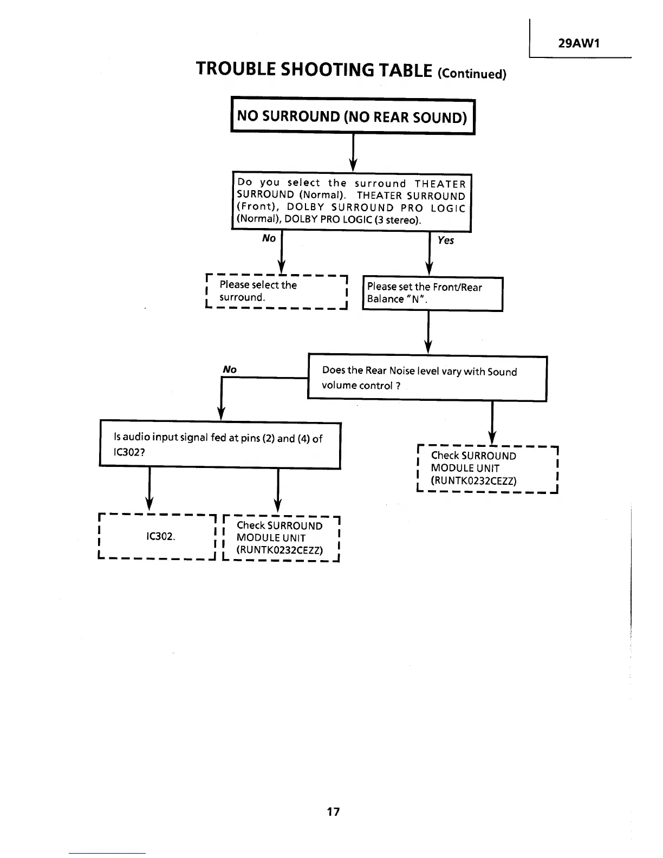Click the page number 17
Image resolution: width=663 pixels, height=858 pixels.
coord(333,811)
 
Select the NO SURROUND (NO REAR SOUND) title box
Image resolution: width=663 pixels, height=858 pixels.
coord(353,116)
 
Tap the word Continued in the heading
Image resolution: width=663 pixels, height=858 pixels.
coord(471,74)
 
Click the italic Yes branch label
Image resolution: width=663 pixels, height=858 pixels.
coord(446,240)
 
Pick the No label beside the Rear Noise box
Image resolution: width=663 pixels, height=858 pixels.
coord(230,369)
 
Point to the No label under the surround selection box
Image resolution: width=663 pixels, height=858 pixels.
coord(269,238)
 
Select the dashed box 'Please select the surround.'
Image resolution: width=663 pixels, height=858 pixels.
coord(276,291)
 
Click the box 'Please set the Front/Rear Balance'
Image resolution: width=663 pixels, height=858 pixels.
coord(432,293)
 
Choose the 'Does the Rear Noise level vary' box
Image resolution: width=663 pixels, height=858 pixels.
coord(427,378)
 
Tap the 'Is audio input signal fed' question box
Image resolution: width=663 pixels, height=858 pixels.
coord(220,445)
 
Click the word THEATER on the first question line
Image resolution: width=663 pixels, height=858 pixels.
coord(440,184)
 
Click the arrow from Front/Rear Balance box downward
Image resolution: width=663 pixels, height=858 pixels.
coord(428,331)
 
